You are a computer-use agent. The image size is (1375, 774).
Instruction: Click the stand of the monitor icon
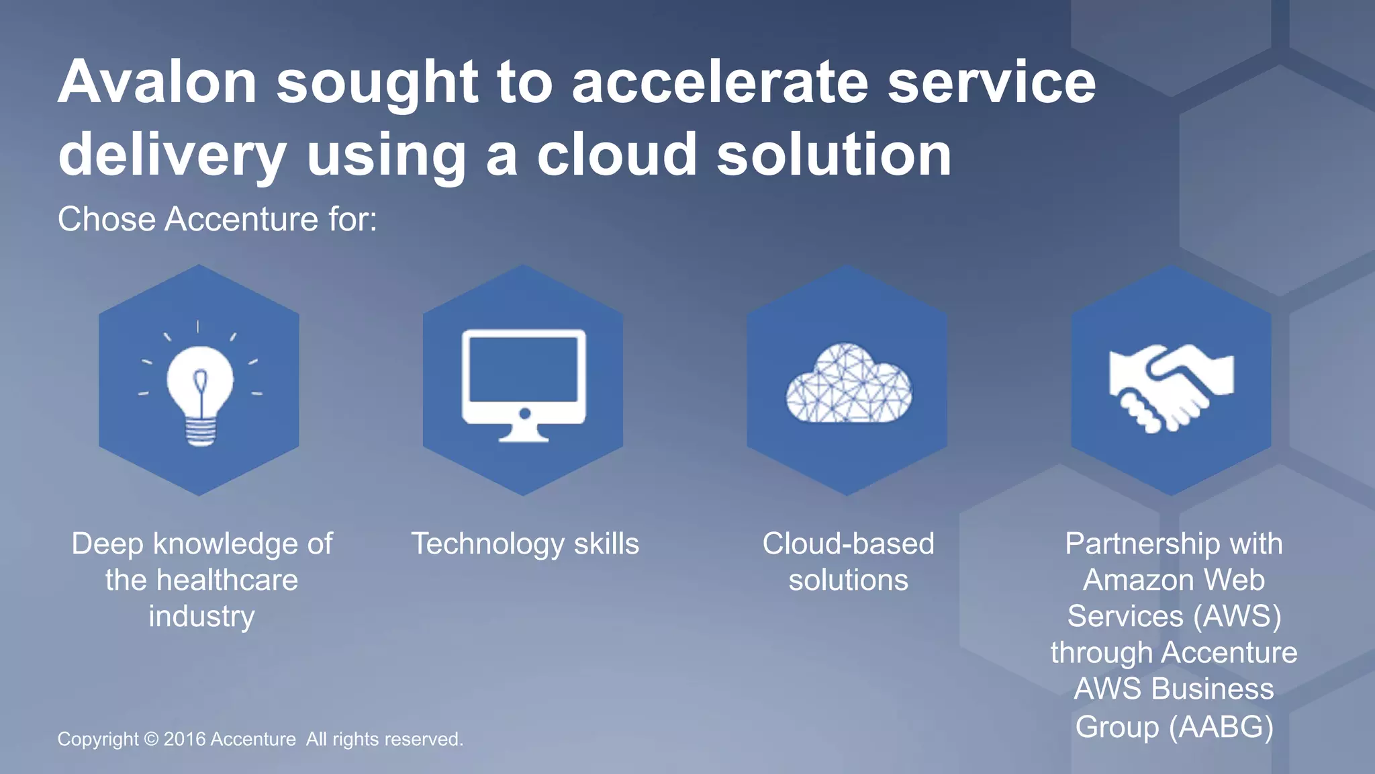pos(524,433)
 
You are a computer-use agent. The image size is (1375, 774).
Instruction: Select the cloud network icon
pos(849,385)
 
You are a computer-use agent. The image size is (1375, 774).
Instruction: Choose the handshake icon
pos(1171,387)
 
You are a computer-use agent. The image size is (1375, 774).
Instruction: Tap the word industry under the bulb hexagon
pos(201,616)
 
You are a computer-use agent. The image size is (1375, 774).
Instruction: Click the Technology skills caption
pos(525,544)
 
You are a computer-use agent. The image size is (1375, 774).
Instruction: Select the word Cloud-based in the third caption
pos(848,544)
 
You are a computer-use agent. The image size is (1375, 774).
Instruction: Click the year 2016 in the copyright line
pos(185,739)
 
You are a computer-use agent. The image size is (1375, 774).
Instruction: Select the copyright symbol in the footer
pos(151,739)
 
